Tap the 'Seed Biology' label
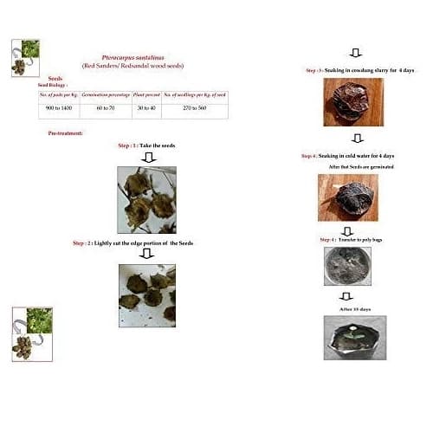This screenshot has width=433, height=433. pos(54,85)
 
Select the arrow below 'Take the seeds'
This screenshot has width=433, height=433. pos(147,157)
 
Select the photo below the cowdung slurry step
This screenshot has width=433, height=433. pos(351,102)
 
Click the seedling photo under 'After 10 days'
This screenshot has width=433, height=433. pos(350,339)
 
